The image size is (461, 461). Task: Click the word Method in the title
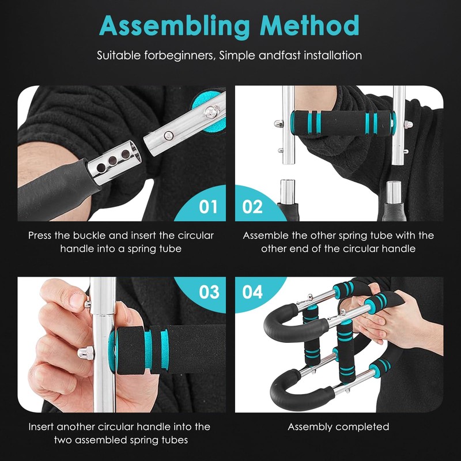pyautogui.click(x=310, y=26)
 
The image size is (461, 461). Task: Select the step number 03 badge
pyautogui.click(x=209, y=292)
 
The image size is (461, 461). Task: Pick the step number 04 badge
pyautogui.click(x=252, y=292)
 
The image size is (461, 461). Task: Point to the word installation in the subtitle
pyautogui.click(x=331, y=56)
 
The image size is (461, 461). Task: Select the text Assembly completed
pyautogui.click(x=338, y=427)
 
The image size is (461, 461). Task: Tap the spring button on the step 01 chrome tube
pyautogui.click(x=168, y=135)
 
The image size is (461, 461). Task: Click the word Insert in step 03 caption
pyautogui.click(x=42, y=427)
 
